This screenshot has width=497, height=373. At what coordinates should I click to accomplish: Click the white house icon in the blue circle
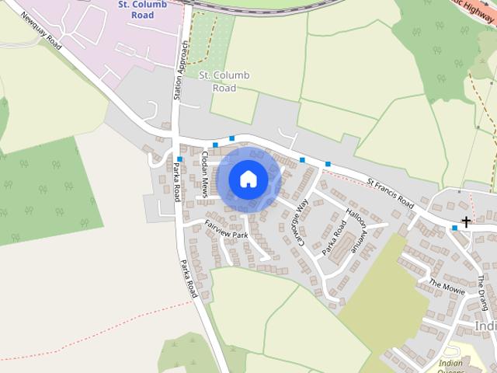tap(248, 179)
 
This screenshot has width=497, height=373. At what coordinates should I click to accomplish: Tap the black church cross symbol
tap(467, 222)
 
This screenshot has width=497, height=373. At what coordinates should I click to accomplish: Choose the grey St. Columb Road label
tap(224, 81)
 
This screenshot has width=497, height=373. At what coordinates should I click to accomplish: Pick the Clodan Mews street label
tap(204, 173)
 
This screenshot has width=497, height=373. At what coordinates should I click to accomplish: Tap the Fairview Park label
tap(225, 228)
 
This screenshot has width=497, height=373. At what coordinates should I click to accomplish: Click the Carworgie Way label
tap(301, 221)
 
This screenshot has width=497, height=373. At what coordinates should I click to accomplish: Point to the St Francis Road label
tap(390, 190)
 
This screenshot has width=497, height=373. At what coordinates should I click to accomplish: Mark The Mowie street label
tap(446, 286)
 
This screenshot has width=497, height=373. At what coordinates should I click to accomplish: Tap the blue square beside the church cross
tap(455, 228)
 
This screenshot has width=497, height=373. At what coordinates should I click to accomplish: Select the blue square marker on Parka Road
tap(179, 159)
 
